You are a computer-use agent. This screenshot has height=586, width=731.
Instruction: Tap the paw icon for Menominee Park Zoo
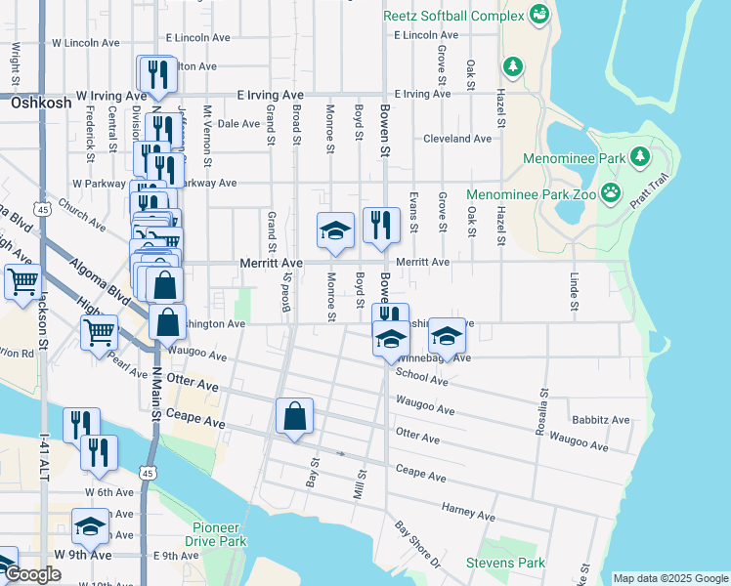[x=612, y=192]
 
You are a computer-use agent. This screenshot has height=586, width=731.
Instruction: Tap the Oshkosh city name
[x=41, y=102]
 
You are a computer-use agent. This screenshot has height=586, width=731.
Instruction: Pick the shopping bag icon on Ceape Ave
[x=294, y=417]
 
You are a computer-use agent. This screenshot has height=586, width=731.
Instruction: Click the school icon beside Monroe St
[x=335, y=231]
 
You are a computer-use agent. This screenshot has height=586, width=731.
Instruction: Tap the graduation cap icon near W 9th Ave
[x=90, y=526]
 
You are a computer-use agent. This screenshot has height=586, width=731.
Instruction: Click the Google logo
[x=31, y=575]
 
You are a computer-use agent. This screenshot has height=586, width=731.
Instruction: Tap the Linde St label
[x=574, y=284]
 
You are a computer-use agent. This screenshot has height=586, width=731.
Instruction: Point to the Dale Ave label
[x=237, y=124]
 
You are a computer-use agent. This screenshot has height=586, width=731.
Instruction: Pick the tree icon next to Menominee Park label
[x=640, y=156]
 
